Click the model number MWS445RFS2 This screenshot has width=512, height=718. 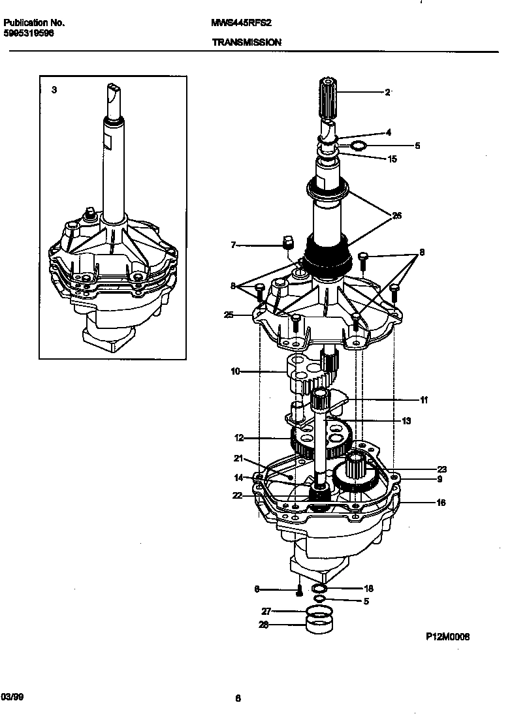[x=241, y=22]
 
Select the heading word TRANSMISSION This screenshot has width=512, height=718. [x=246, y=42]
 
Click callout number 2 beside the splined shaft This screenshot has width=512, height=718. [x=387, y=93]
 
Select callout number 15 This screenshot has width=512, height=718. [x=392, y=159]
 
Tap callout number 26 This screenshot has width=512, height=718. [x=396, y=215]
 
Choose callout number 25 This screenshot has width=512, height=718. [x=228, y=315]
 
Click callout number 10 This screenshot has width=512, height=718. [x=235, y=371]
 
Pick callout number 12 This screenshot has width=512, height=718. [x=238, y=437]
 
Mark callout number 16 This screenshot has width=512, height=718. [x=441, y=503]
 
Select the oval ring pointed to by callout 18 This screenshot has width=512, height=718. [x=330, y=589]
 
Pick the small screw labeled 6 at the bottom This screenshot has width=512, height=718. [x=299, y=591]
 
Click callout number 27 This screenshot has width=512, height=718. [x=266, y=612]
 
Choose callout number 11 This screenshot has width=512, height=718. [x=424, y=399]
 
